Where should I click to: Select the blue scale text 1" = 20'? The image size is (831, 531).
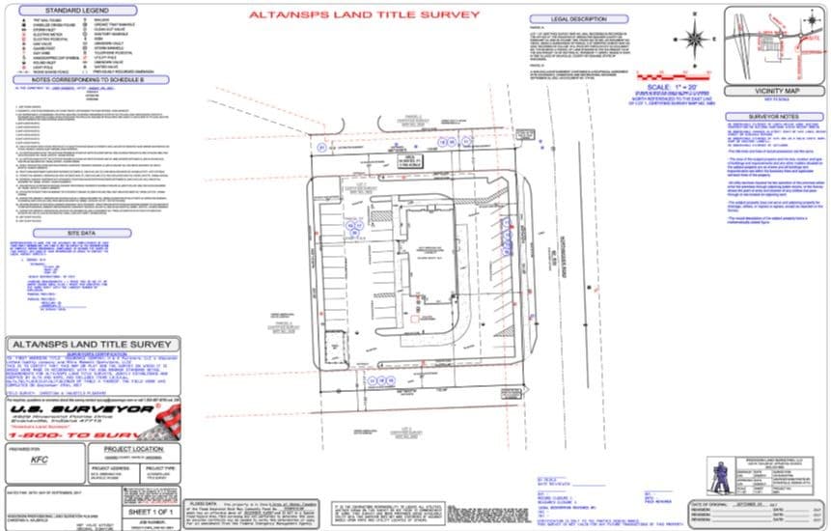[689, 87]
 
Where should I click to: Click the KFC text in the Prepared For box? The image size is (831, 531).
[39, 461]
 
